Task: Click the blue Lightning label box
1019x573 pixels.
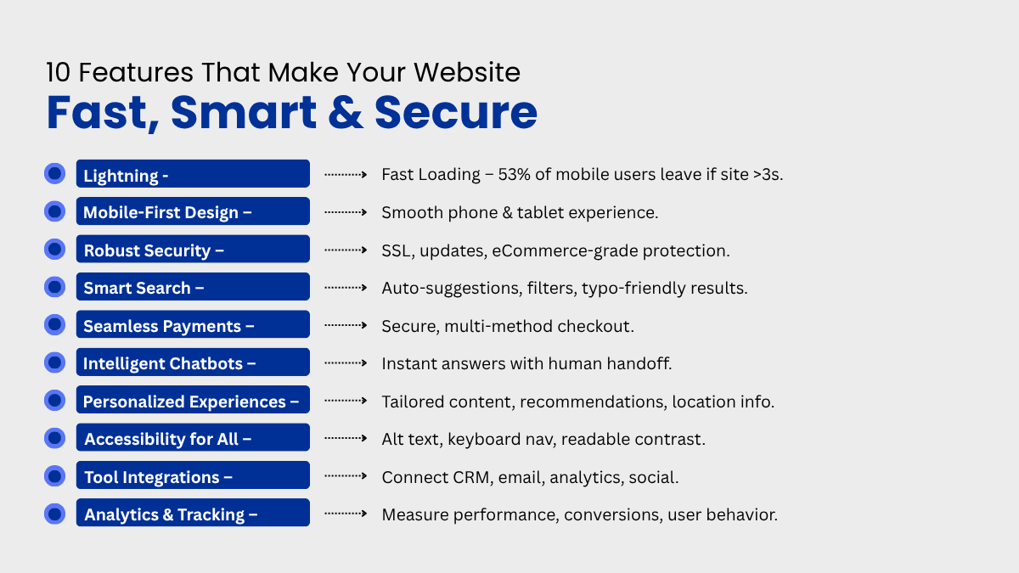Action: point(193,174)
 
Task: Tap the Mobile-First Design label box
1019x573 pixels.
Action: point(193,211)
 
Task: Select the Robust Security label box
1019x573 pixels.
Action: point(193,249)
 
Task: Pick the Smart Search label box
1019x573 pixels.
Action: point(193,287)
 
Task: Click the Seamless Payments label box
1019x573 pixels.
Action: point(193,324)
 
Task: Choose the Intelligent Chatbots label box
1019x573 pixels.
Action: point(193,362)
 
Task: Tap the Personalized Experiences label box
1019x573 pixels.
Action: point(193,400)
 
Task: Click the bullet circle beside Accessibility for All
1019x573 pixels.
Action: point(54,438)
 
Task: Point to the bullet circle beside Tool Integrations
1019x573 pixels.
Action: point(54,475)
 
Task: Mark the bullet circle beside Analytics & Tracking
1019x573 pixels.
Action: point(54,514)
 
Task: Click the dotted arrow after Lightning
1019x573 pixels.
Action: point(346,174)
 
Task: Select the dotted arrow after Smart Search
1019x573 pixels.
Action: point(346,288)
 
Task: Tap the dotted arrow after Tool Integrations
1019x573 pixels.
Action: point(346,476)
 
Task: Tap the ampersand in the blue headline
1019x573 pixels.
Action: point(346,112)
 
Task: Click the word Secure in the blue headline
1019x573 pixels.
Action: point(456,112)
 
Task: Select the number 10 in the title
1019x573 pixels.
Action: point(59,72)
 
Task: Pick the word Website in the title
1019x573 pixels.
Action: point(467,72)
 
